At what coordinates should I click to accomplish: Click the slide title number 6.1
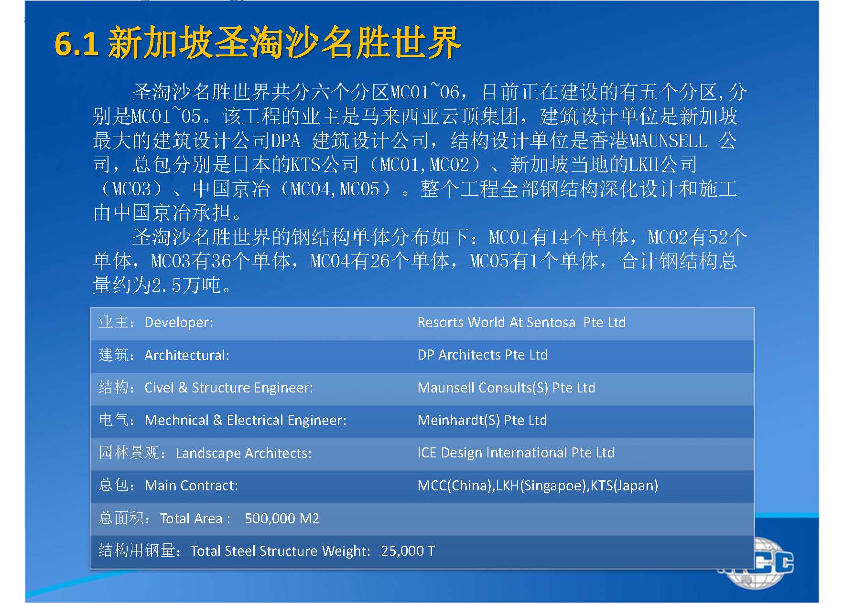tap(76, 44)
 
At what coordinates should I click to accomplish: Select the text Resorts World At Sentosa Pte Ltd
tap(521, 322)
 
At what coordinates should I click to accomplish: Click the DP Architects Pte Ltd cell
tap(482, 355)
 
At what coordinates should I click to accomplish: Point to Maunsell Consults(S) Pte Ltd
tap(506, 387)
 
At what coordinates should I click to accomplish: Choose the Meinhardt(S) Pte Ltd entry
tap(482, 420)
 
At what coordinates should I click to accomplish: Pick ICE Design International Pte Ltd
tap(516, 453)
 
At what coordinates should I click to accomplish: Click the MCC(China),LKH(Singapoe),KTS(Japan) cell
tap(538, 486)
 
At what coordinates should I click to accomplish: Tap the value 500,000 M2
tap(282, 519)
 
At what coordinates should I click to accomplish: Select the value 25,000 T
tap(408, 551)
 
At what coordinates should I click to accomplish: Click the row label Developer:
tap(179, 322)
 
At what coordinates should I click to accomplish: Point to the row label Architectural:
tap(187, 355)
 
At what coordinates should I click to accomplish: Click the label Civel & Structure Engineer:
tap(228, 388)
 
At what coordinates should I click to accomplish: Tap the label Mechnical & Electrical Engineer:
tap(245, 420)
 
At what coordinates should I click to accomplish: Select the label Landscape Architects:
tap(243, 453)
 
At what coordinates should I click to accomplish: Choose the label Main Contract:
tap(191, 486)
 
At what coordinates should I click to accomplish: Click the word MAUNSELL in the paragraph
tap(668, 141)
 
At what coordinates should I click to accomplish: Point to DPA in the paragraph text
tap(285, 141)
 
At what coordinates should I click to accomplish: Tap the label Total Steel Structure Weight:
tap(280, 551)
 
